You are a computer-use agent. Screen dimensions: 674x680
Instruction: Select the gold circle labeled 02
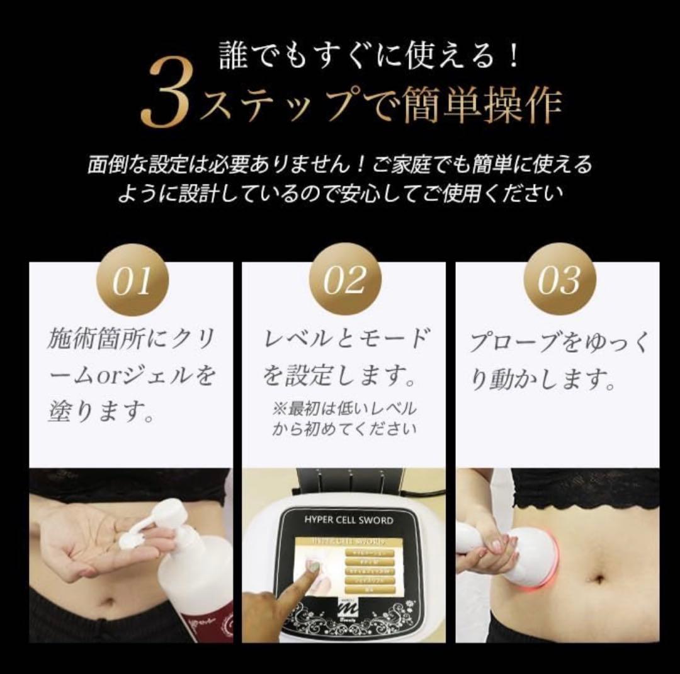pyautogui.click(x=344, y=278)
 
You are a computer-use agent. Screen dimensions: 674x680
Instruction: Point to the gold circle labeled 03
pyautogui.click(x=558, y=278)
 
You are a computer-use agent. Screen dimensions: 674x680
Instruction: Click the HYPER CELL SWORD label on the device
pyautogui.click(x=348, y=520)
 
